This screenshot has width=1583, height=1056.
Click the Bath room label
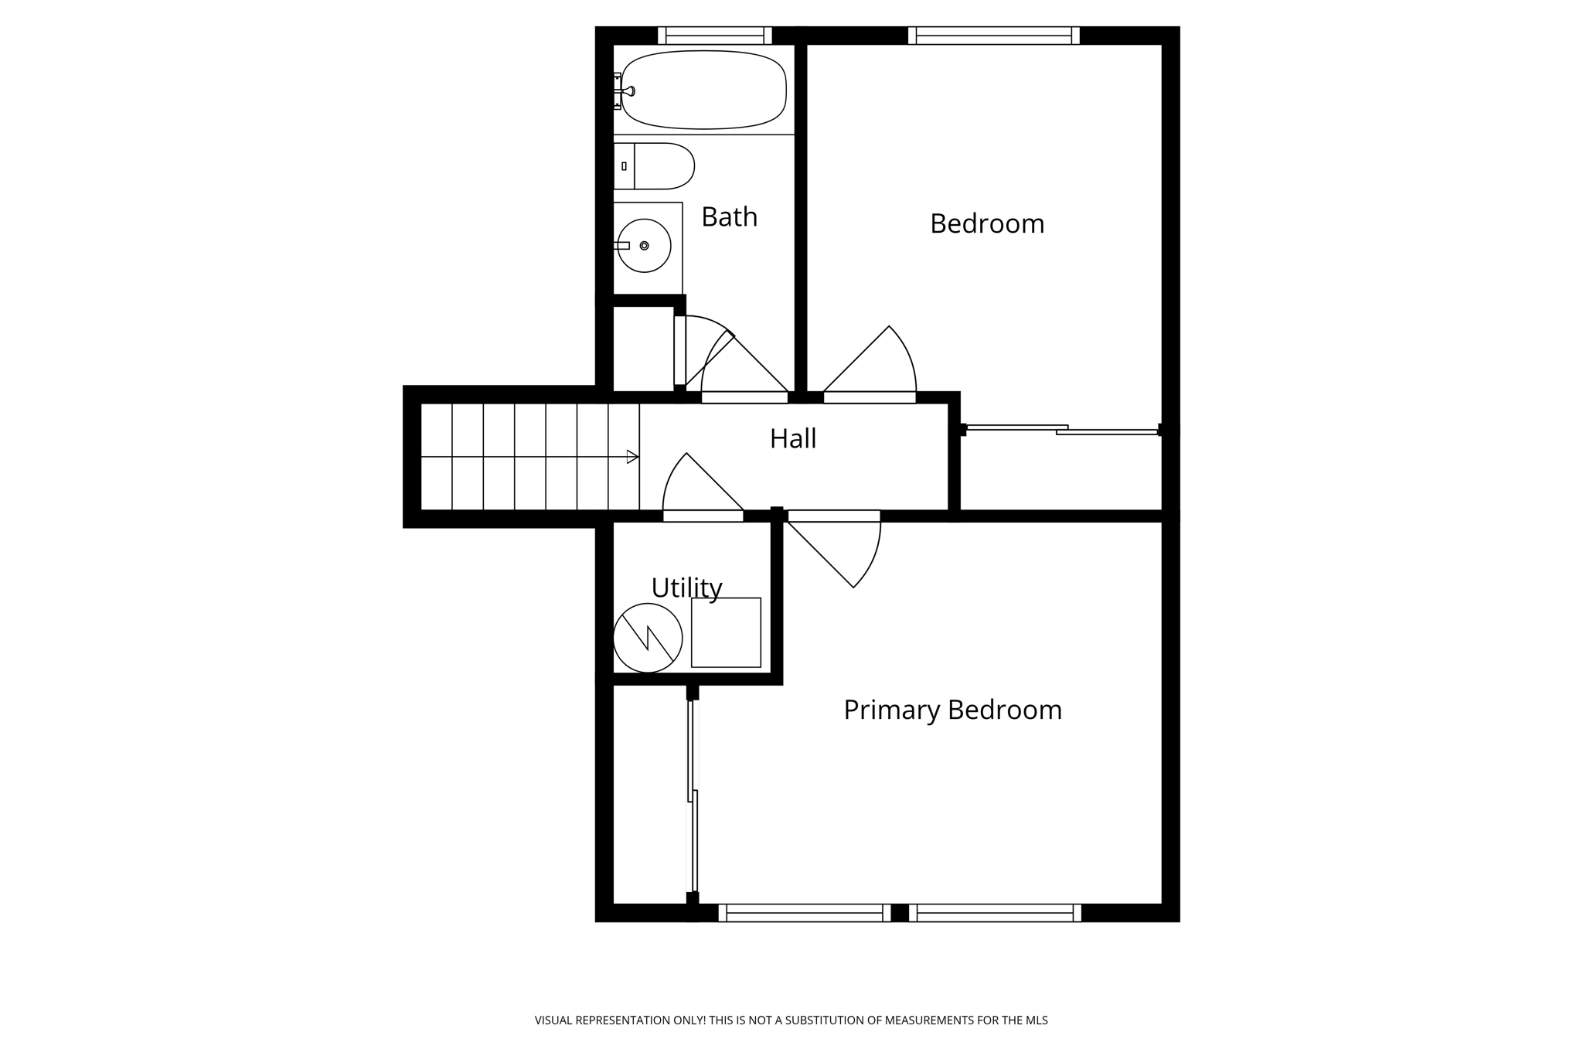(x=729, y=217)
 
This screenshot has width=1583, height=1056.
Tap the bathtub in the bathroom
(x=703, y=90)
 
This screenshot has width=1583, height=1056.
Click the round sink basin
(x=644, y=246)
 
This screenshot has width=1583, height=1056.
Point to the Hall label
(x=792, y=439)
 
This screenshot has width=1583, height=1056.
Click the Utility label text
(x=686, y=588)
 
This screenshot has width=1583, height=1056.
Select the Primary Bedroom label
(x=952, y=710)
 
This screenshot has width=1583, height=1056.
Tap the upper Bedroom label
(x=986, y=224)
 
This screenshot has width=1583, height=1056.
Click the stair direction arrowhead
(x=632, y=457)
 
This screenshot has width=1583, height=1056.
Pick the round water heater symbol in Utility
(x=648, y=638)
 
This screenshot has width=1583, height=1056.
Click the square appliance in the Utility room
(x=726, y=632)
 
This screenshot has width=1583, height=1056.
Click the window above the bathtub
(x=714, y=36)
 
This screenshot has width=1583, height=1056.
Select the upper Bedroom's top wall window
(x=993, y=36)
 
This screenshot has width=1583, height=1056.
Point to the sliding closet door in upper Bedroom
(x=1062, y=430)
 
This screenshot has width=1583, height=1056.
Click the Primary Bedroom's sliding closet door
(x=693, y=796)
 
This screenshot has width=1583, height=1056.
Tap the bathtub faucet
(x=628, y=91)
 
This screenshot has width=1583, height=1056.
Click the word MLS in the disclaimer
(x=1037, y=1020)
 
